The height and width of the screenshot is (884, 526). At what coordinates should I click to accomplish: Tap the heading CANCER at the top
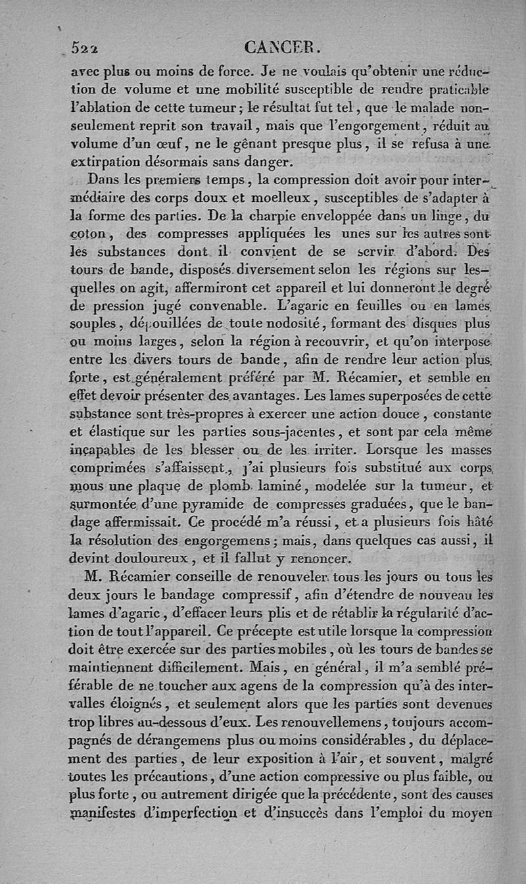[282, 47]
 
